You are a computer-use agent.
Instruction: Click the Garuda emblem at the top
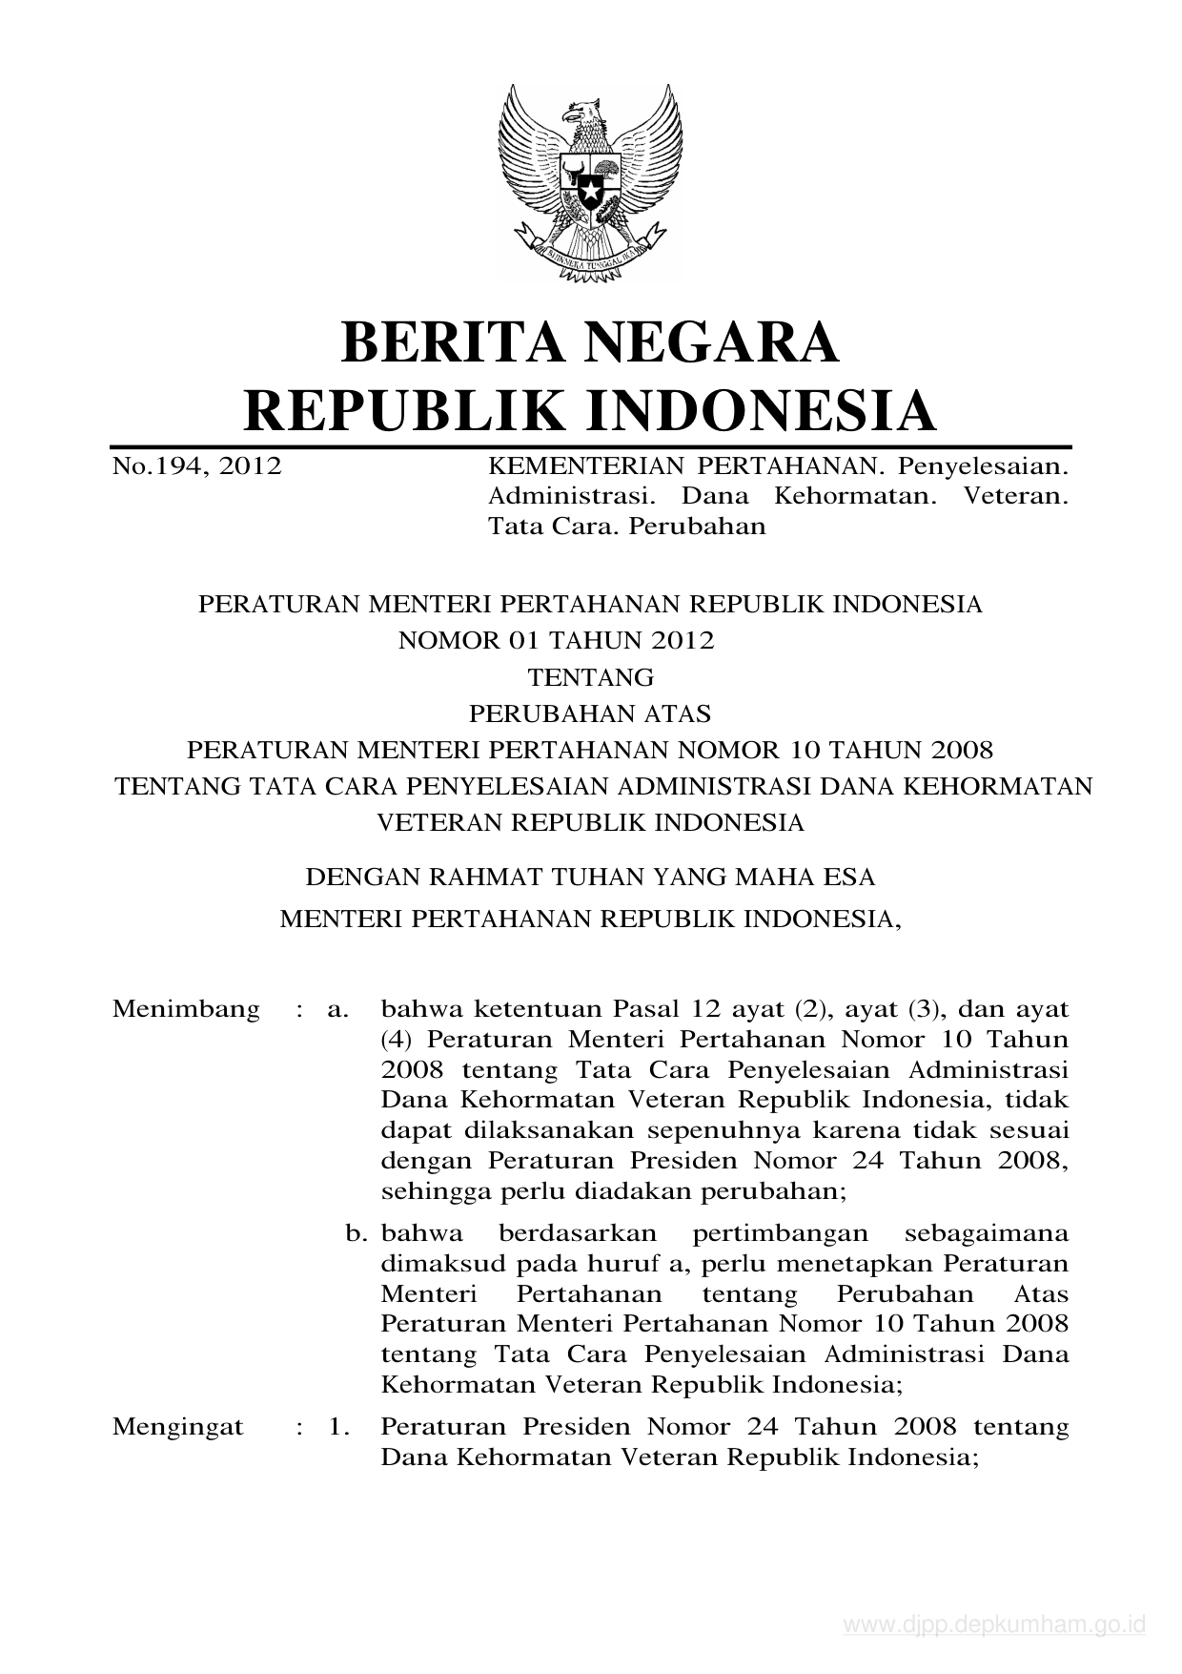[590, 182]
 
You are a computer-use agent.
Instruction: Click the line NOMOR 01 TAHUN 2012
[556, 640]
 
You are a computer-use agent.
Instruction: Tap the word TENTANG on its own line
[591, 677]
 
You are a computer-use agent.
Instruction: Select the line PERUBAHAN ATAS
[591, 713]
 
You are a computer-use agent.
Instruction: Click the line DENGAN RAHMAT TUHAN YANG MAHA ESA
[590, 875]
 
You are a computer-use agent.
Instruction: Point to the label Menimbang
[186, 1009]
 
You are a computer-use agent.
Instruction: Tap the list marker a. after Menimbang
[337, 1009]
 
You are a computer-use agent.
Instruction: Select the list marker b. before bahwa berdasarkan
[357, 1233]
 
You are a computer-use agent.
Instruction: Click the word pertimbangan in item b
[780, 1234]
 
